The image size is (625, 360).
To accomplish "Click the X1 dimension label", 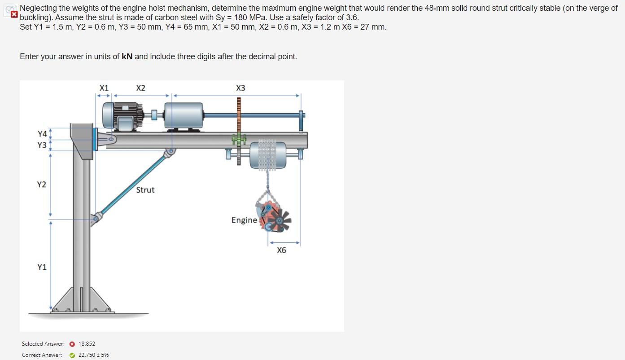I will pyautogui.click(x=104, y=88).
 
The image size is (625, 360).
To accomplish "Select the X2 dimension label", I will pyautogui.click(x=140, y=88).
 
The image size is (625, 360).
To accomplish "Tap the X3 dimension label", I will pyautogui.click(x=240, y=88).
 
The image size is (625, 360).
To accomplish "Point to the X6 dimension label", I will pyautogui.click(x=281, y=250).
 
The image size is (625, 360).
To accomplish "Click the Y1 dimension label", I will pyautogui.click(x=42, y=267).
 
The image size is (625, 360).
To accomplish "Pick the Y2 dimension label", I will pyautogui.click(x=41, y=184).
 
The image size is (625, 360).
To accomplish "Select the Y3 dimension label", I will pyautogui.click(x=42, y=145).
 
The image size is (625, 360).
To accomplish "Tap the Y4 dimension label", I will pyautogui.click(x=42, y=134).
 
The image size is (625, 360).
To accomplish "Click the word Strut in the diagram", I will pyautogui.click(x=145, y=190).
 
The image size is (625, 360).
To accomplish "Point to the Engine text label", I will pyautogui.click(x=244, y=220).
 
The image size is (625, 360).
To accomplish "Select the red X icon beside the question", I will pyautogui.click(x=14, y=14).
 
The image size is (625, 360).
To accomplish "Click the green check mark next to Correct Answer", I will pyautogui.click(x=72, y=355).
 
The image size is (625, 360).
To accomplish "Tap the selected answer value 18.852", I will pyautogui.click(x=87, y=344).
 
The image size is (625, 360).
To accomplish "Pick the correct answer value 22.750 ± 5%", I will pyautogui.click(x=93, y=355).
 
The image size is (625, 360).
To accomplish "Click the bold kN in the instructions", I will pyautogui.click(x=127, y=57).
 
